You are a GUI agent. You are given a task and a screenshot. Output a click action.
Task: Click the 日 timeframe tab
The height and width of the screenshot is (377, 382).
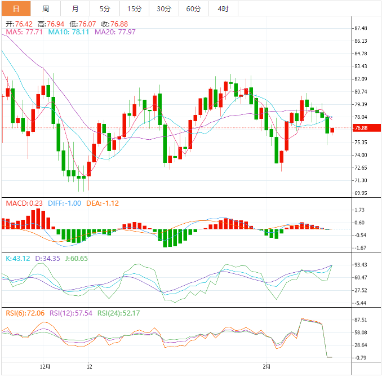[16, 8]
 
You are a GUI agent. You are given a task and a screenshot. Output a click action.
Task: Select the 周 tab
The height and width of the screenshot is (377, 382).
[46, 8]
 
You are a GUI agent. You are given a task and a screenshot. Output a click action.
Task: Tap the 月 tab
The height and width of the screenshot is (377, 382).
[75, 8]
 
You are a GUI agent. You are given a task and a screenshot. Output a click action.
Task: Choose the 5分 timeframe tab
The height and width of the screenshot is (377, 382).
[105, 8]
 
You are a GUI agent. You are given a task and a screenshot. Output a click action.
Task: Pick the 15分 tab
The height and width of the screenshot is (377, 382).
[135, 8]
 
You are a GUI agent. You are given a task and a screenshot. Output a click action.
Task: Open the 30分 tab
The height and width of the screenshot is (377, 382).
[164, 8]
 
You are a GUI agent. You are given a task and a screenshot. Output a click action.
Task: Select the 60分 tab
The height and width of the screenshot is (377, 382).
[193, 8]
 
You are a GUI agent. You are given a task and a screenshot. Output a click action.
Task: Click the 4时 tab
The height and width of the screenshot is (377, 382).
[223, 8]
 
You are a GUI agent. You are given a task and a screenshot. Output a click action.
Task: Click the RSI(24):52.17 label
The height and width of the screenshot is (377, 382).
[119, 313]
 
